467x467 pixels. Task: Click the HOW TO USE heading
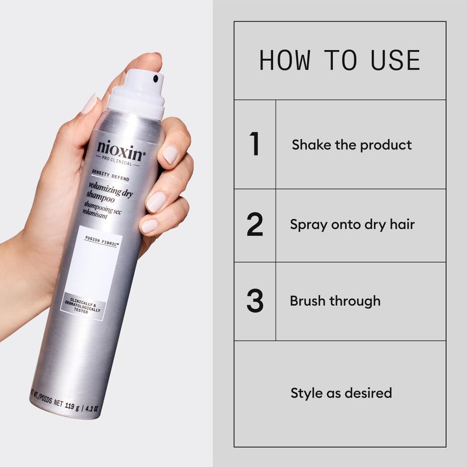point(340,61)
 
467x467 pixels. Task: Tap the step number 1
point(255,144)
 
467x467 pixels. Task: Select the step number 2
point(255,225)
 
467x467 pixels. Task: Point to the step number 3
point(255,301)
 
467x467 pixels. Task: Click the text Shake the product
point(351,145)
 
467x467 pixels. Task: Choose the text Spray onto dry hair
point(352,224)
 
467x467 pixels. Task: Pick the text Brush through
point(335,301)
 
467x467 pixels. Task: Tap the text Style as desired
point(341,393)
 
